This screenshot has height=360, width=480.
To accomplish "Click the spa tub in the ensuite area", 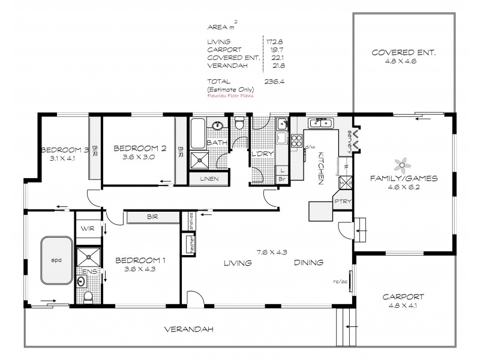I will coord(56,260).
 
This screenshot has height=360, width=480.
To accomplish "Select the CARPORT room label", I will coord(406,296).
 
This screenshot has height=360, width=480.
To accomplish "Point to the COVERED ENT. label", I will coord(403,53).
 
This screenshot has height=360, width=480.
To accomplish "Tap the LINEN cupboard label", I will coord(208,179).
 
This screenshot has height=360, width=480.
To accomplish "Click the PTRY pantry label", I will coord(343,203).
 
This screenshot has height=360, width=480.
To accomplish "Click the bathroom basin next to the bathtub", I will coord(219,127).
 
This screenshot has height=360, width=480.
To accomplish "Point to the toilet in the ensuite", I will coord(88,295).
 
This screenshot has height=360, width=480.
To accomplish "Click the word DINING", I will coord(309,263).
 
